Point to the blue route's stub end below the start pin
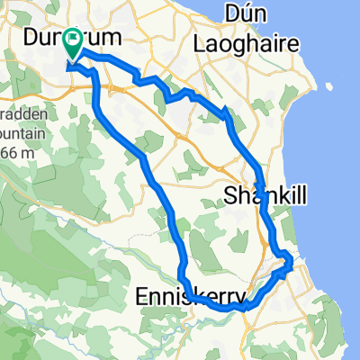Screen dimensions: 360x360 (x=69, y=65)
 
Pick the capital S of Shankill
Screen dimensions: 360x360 (x=226, y=194)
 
